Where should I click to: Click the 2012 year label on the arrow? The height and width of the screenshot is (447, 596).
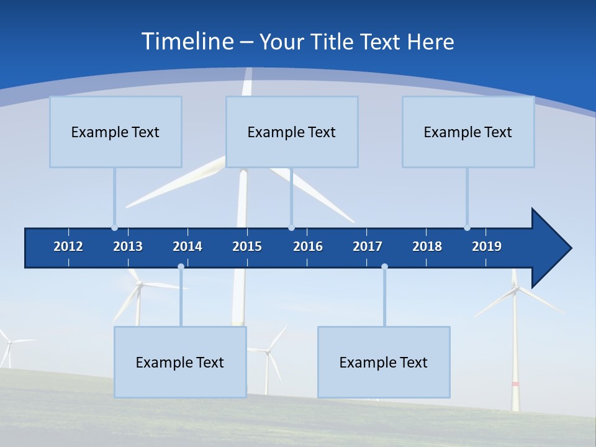[68, 246]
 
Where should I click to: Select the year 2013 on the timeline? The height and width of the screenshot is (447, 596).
[128, 246]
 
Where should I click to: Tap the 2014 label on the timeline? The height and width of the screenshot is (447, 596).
[187, 246]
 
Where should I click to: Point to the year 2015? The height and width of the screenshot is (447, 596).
[247, 246]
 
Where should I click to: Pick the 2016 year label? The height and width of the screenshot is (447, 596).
[308, 246]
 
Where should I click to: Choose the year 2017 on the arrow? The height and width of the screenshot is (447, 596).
[368, 246]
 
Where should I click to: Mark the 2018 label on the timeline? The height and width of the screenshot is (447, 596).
[427, 246]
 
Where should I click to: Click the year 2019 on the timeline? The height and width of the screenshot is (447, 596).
[487, 246]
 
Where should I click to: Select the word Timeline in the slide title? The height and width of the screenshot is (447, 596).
[186, 42]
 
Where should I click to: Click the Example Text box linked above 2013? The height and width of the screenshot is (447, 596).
[115, 132]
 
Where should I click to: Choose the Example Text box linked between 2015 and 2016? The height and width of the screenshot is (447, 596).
[292, 132]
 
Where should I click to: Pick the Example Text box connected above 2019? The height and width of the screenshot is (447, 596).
[468, 132]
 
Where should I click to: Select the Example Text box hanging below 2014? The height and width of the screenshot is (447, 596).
[180, 362]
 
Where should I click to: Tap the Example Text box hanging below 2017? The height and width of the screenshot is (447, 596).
[384, 362]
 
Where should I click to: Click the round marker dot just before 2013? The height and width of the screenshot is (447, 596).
[114, 228]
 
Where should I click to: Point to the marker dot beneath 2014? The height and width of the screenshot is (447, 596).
[181, 267]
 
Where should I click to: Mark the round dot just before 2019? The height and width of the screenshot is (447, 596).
[467, 228]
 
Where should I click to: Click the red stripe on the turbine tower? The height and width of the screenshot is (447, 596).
[515, 384]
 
